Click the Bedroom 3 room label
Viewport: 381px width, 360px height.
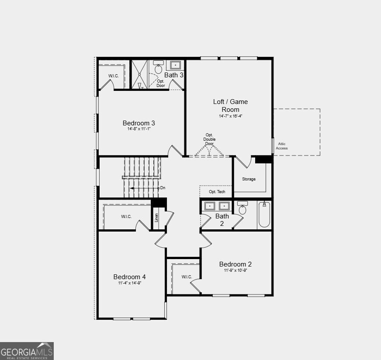(x=139, y=123)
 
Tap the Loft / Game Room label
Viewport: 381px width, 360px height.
(x=230, y=105)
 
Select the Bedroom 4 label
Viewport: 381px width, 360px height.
(x=129, y=277)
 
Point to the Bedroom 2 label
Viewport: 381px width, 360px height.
(x=235, y=264)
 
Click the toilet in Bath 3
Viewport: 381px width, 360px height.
(x=158, y=68)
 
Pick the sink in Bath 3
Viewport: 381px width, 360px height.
(x=175, y=65)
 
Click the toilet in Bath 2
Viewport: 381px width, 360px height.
(x=242, y=208)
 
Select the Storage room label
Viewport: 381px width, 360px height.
(x=249, y=179)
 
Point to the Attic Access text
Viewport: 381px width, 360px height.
(x=282, y=146)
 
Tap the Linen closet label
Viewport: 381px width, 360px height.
(x=156, y=217)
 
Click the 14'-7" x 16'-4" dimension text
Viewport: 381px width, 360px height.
(x=230, y=116)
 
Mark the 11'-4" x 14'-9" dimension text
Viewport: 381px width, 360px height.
(x=129, y=283)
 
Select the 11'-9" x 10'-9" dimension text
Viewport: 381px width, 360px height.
(x=235, y=270)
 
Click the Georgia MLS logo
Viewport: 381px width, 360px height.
(x=27, y=351)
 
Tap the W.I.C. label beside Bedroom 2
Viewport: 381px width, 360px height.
(x=187, y=277)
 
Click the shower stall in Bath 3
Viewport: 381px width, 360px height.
(x=140, y=75)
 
